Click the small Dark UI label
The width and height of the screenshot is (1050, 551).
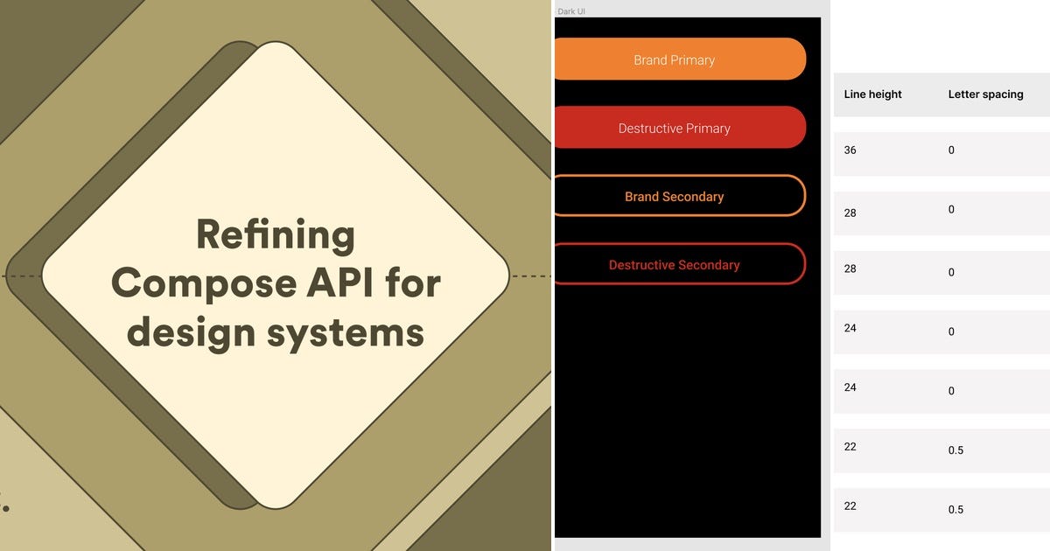(571, 11)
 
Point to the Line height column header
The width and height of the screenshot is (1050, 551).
(872, 94)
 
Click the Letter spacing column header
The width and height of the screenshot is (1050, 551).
(985, 94)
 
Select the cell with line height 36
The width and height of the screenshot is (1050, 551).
(850, 150)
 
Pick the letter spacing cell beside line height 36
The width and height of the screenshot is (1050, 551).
(952, 150)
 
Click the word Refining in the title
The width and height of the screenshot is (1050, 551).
(275, 234)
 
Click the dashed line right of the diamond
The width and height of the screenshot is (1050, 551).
(530, 276)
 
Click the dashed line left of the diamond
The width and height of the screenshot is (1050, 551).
(21, 276)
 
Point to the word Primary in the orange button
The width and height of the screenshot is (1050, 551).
(693, 59)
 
